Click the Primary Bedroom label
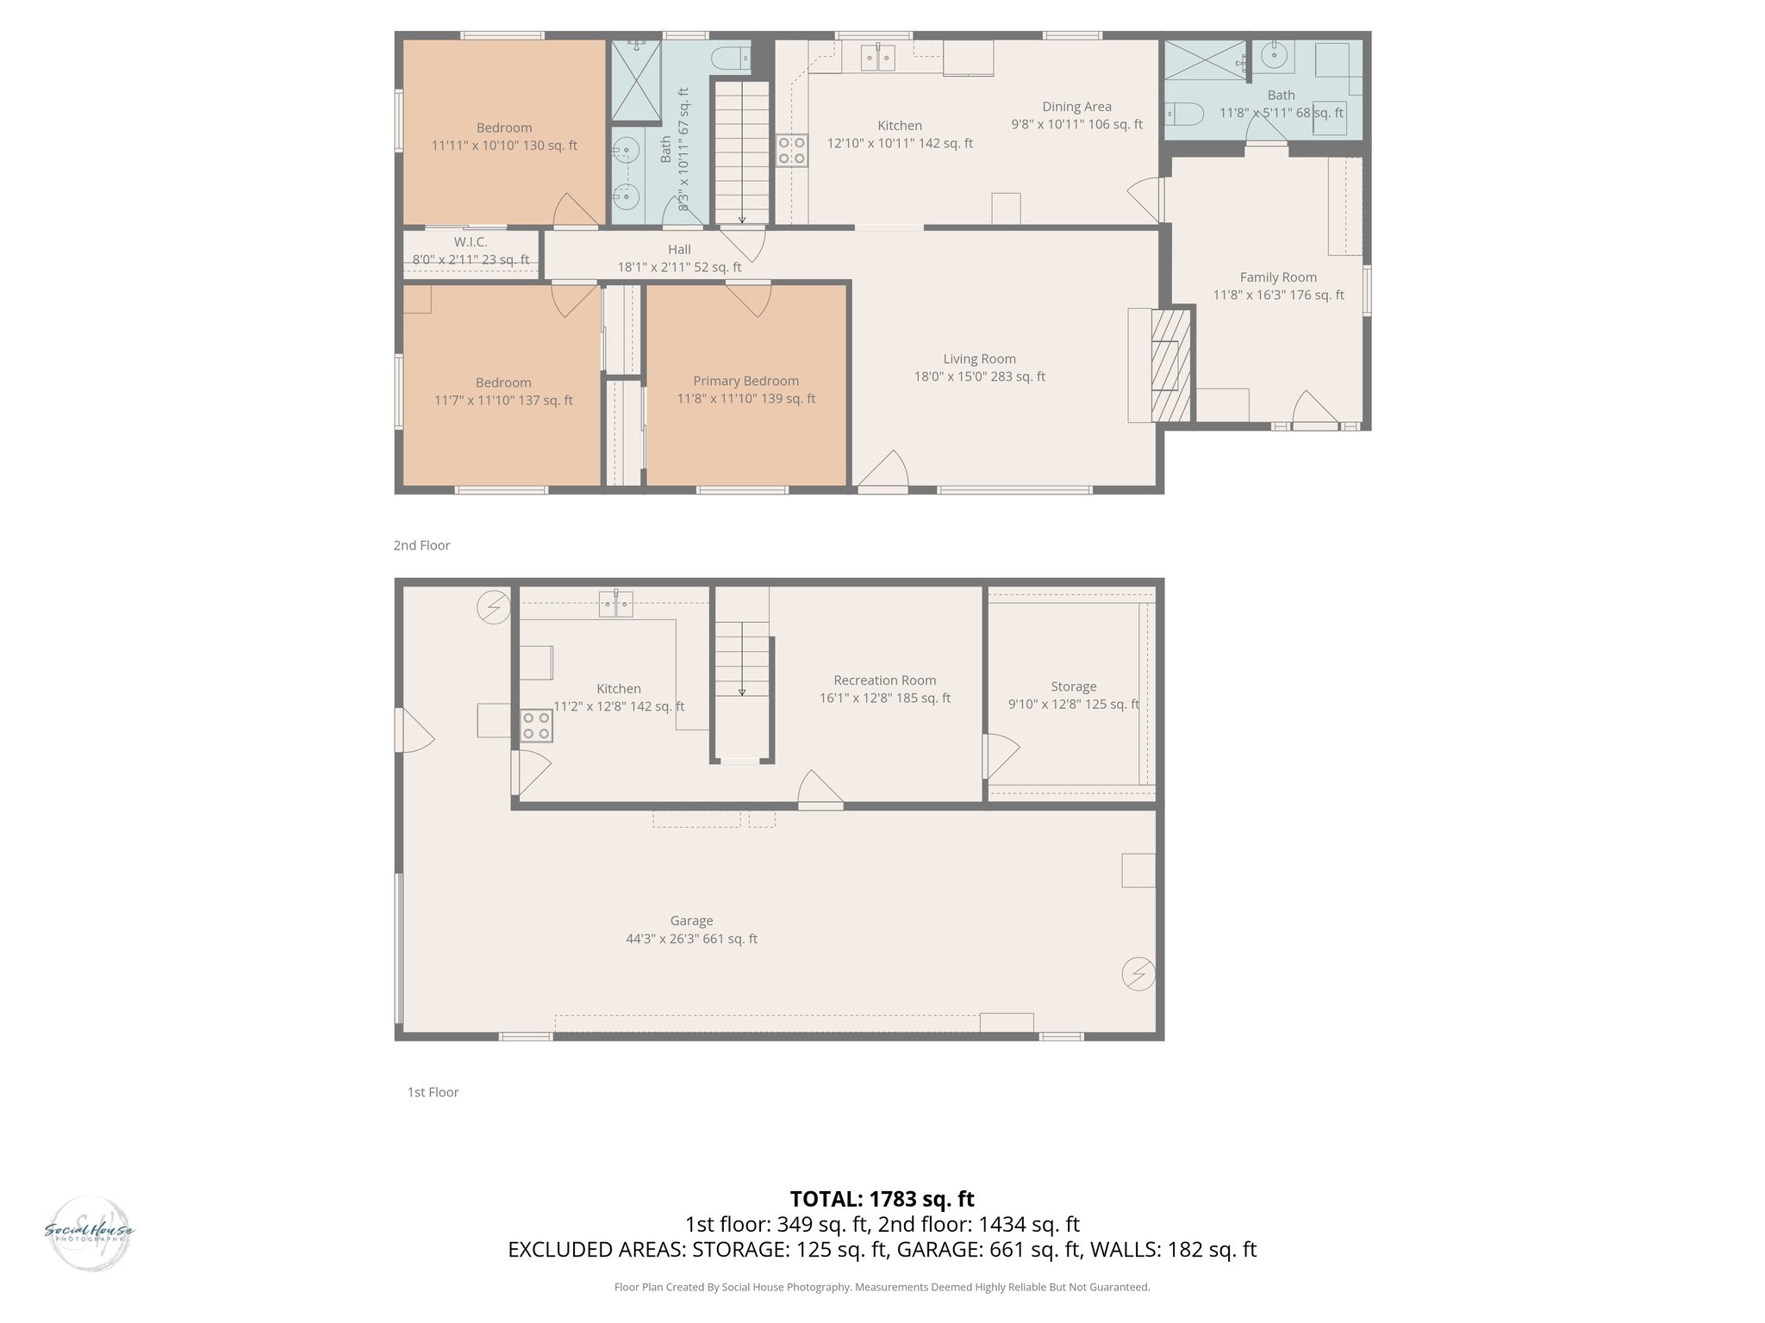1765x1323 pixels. click(745, 381)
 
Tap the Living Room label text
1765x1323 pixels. click(979, 359)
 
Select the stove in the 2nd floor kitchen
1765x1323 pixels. click(791, 151)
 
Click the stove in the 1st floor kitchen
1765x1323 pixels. click(536, 725)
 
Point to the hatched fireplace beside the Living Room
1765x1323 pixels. click(1171, 365)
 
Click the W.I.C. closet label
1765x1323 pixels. click(471, 243)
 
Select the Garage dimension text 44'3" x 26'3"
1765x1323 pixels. click(691, 939)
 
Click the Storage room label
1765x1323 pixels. click(1073, 686)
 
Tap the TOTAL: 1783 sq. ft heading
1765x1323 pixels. click(882, 1198)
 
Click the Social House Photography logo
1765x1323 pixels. click(89, 1232)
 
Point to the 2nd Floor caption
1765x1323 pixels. click(421, 545)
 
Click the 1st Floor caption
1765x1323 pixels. click(433, 1092)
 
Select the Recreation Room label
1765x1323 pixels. click(884, 680)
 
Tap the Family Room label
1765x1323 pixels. click(1277, 277)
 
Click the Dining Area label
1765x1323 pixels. click(1076, 107)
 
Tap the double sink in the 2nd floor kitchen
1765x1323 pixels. click(878, 58)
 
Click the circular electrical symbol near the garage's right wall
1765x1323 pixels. click(1138, 974)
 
